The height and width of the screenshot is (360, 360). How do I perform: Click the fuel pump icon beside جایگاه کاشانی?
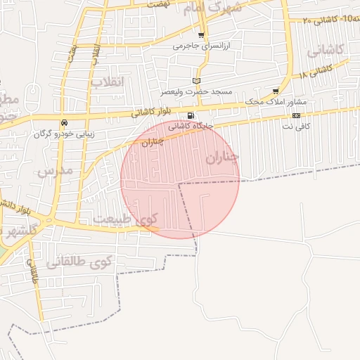pyautogui.click(x=191, y=115)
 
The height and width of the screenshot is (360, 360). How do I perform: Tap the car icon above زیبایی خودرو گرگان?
pyautogui.click(x=65, y=122)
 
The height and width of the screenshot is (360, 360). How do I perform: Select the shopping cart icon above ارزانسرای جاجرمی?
pyautogui.click(x=202, y=35)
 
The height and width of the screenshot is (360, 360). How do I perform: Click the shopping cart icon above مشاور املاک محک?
pyautogui.click(x=275, y=91)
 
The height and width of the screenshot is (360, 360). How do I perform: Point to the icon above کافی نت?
pyautogui.click(x=297, y=115)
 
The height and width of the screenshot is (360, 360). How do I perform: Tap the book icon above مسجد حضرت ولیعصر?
pyautogui.click(x=196, y=81)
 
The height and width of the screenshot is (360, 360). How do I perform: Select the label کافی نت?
pyautogui.click(x=297, y=126)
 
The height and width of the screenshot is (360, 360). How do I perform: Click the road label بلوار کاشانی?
pyautogui.click(x=152, y=111)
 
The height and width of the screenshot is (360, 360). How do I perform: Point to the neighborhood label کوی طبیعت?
pyautogui.click(x=127, y=219)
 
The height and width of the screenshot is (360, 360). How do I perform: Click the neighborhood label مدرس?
pyautogui.click(x=55, y=169)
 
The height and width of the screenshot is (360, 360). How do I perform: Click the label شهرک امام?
pyautogui.click(x=212, y=8)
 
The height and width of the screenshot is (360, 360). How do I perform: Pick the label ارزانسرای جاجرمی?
pyautogui.click(x=202, y=46)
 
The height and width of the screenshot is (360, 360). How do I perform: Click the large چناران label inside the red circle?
pyautogui.click(x=223, y=157)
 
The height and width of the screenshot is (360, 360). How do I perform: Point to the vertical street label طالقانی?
pyautogui.click(x=33, y=271)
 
